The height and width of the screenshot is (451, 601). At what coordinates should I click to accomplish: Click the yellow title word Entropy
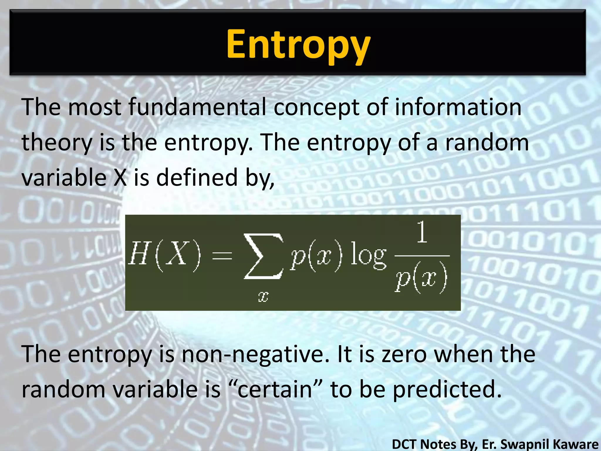click(298, 45)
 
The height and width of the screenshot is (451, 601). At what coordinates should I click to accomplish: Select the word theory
click(57, 142)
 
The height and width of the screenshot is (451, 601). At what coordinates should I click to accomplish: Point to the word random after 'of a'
click(487, 142)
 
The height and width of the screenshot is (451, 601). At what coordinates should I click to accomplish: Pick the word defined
click(197, 178)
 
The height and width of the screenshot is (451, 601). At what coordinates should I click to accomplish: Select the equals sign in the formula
click(222, 255)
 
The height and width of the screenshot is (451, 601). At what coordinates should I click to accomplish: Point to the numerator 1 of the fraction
click(422, 232)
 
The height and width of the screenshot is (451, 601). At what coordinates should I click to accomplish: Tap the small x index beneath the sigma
click(263, 297)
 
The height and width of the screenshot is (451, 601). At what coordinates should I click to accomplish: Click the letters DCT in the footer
click(406, 444)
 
